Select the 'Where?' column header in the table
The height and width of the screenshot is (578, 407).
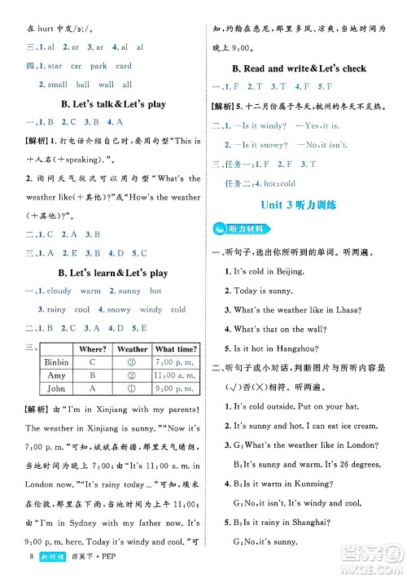click(93, 349)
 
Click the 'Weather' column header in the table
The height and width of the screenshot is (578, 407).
click(132, 349)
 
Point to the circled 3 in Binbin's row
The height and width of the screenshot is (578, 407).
click(132, 362)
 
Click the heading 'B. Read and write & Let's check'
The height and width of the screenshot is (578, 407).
click(300, 68)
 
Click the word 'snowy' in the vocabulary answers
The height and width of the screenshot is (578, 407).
click(119, 309)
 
